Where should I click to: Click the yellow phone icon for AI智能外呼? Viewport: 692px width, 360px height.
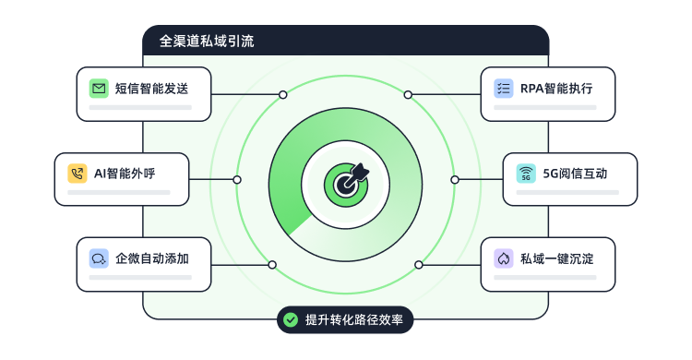click(77, 174)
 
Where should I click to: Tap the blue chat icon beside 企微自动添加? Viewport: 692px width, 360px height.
click(99, 258)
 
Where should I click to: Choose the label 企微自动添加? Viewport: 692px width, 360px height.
click(151, 258)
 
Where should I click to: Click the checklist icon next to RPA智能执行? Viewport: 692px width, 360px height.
click(503, 89)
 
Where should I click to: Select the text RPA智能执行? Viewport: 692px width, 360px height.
click(556, 89)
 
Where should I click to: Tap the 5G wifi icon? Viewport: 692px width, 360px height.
click(525, 174)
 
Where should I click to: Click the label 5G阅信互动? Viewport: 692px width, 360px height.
click(575, 174)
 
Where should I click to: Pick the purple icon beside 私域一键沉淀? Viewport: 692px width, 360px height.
click(503, 258)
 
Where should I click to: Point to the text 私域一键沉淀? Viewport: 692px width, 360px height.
click(556, 258)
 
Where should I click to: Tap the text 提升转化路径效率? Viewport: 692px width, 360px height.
click(354, 319)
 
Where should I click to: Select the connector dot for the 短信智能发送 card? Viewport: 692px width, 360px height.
click(283, 94)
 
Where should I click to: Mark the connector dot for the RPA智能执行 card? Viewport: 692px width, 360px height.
click(408, 94)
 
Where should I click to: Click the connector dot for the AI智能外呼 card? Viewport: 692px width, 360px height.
click(237, 179)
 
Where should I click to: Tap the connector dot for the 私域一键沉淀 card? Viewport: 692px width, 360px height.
click(419, 264)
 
